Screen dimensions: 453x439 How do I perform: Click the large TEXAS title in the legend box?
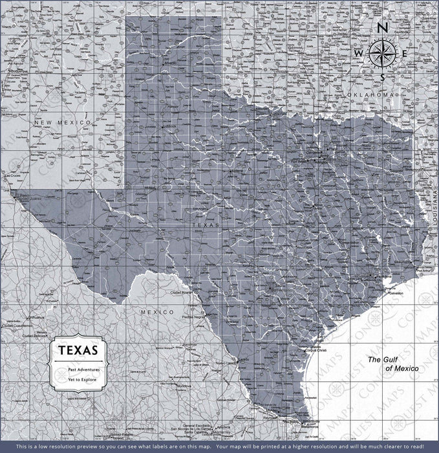pos(79,350)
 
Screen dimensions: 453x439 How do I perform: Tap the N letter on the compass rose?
pos(382,28)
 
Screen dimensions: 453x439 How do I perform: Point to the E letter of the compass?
pos(405,53)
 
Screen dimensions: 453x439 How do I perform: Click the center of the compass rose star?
pos(382,53)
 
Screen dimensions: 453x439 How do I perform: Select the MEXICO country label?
pos(158,312)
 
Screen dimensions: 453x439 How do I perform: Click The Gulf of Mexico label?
pos(393,364)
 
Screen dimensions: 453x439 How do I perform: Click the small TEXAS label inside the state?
pos(206,225)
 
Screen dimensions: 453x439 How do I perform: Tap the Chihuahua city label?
pos(37,318)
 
